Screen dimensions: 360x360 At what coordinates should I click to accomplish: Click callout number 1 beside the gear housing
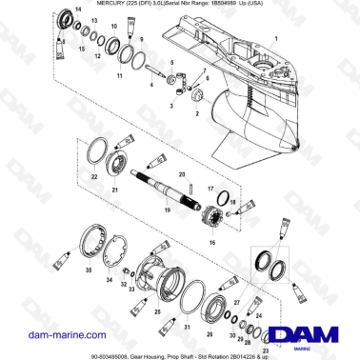coord(277,41)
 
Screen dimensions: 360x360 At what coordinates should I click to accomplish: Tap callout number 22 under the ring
coord(92,177)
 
